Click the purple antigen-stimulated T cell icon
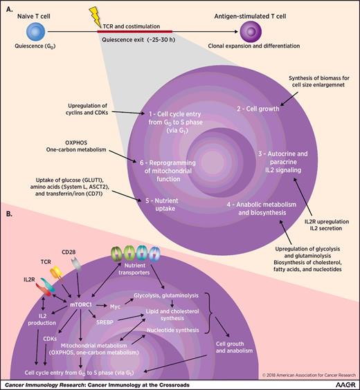249,31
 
